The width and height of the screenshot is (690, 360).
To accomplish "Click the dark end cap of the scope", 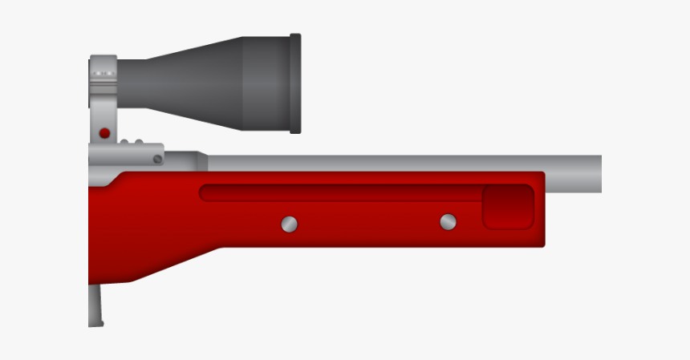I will [295, 83].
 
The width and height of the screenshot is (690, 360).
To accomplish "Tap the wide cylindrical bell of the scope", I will [266, 83].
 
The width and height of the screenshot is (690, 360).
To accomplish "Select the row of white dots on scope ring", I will [102, 74].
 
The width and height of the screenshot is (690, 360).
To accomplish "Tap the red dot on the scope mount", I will [104, 133].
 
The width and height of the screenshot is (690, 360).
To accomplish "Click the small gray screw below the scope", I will [158, 160].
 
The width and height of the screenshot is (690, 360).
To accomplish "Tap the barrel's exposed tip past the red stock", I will [574, 173].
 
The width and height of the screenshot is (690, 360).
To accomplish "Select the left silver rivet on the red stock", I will [290, 224].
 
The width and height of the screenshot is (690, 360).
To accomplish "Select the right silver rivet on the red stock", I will [448, 221].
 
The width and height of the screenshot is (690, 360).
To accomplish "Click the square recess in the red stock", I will [508, 207].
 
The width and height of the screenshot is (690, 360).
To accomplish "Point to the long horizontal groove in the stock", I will [337, 193].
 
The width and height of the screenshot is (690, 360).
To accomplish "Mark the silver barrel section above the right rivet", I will [448, 163].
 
